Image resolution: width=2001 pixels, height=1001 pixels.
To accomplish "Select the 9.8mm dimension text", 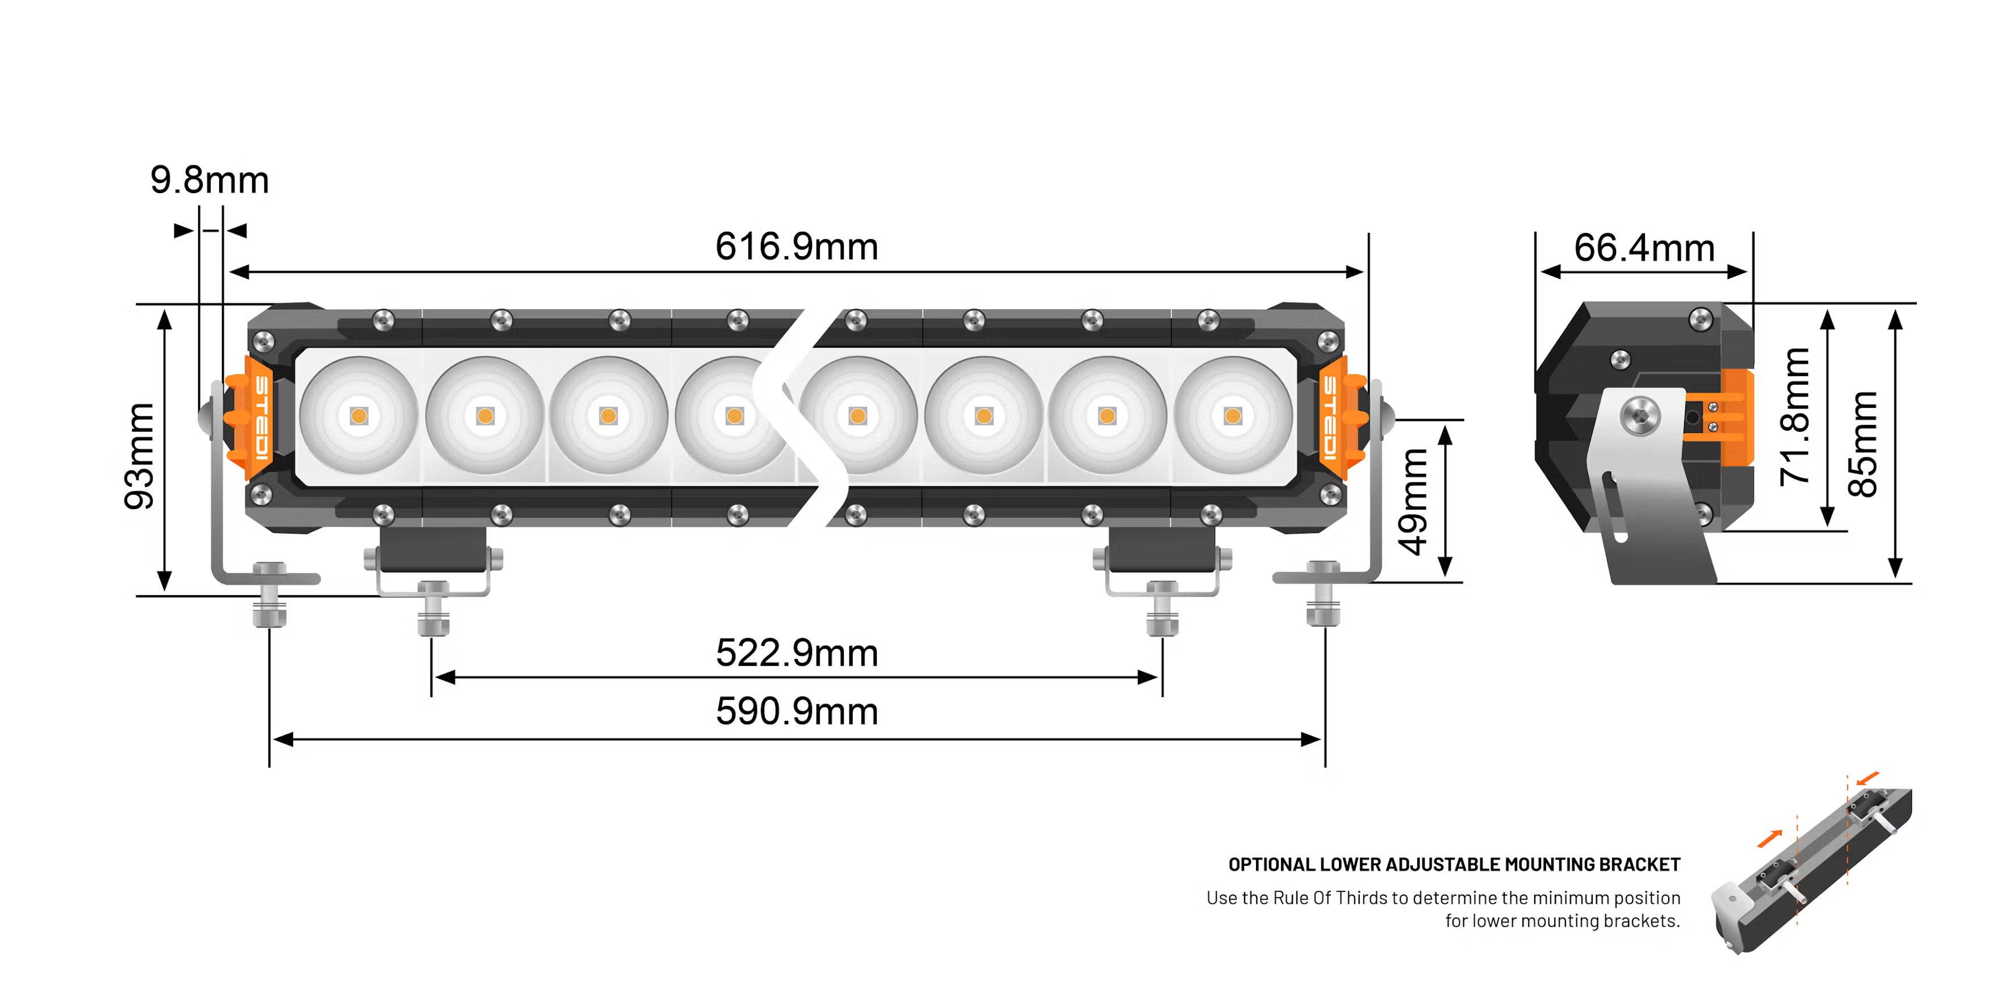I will coord(210,180).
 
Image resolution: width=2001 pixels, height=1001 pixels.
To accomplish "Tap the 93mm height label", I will coord(140,456).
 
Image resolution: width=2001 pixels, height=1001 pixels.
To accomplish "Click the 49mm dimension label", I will coord(1413,501).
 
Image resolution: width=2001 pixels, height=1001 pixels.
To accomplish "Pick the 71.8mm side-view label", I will coord(1795,418).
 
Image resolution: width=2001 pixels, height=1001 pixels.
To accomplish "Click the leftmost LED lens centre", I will coord(359,416).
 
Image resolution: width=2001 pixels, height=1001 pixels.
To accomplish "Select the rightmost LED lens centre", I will coord(1233,416).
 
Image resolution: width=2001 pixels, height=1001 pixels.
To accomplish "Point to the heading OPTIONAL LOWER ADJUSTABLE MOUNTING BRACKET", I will coord(1454,864).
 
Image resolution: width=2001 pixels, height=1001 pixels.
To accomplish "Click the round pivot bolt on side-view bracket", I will coord(1639,415).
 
